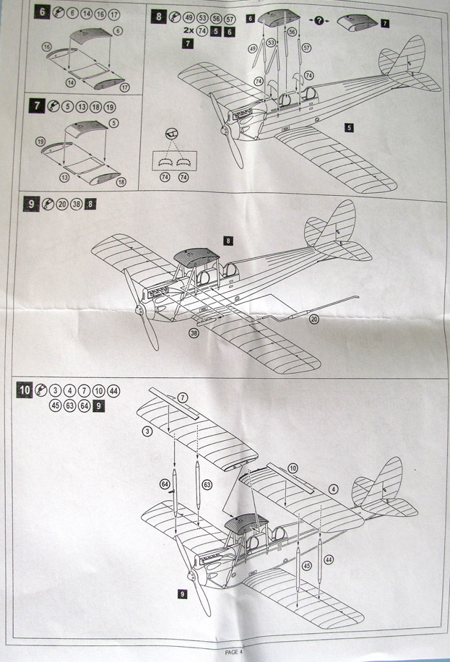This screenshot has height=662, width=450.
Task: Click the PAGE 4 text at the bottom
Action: pos(234,652)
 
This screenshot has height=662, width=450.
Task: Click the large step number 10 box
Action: pos(25,390)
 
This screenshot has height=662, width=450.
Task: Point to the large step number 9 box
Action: pos(31,205)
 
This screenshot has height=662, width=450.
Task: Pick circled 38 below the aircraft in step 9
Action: pos(194,334)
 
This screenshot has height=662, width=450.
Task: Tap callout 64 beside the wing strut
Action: pos(165,483)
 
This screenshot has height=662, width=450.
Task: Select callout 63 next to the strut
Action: pos(207,483)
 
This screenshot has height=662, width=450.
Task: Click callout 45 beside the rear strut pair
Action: pos(306,566)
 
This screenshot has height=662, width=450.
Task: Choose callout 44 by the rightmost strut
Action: pos(329,559)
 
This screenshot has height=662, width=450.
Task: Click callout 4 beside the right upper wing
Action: pos(334,489)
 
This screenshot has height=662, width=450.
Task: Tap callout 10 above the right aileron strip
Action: pos(292,468)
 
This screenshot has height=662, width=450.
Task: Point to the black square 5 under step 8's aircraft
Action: pos(349,127)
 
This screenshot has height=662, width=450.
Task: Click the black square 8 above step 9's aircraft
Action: pos(228,239)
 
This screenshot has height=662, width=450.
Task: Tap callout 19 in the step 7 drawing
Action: pos(40,141)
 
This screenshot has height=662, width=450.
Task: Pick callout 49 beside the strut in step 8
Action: pos(253,48)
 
